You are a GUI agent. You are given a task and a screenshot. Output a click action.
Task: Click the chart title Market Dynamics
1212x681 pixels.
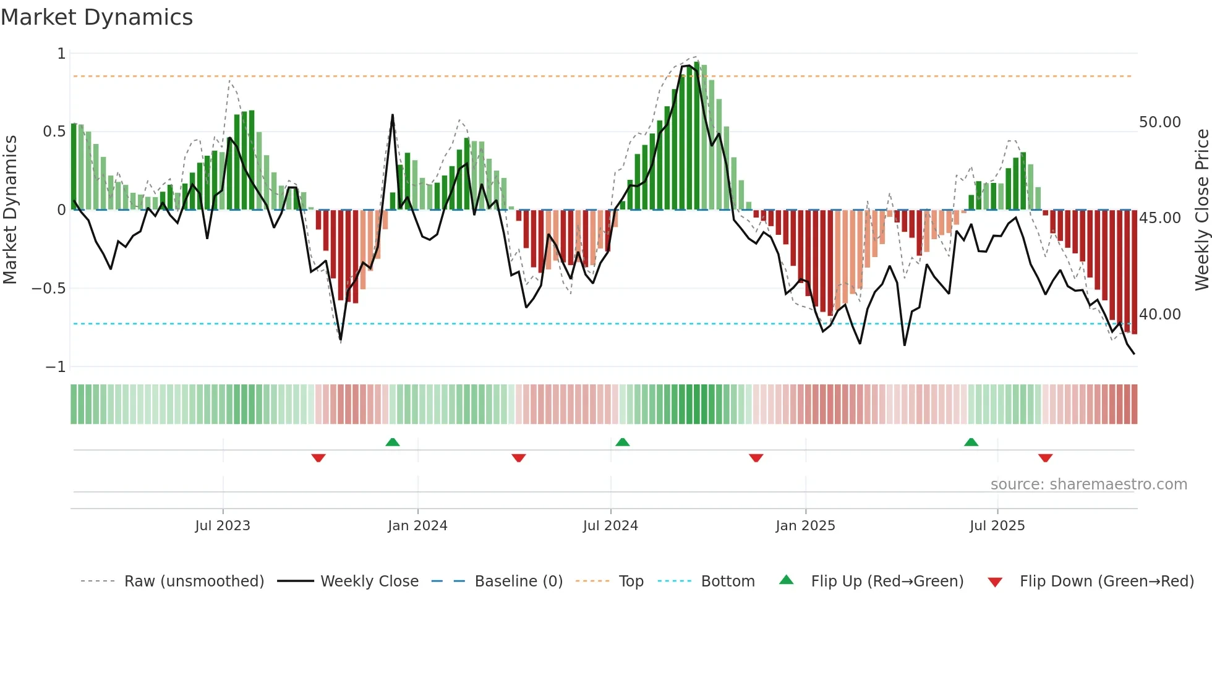(x=96, y=17)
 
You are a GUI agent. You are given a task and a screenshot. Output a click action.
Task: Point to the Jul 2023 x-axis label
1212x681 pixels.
(x=223, y=526)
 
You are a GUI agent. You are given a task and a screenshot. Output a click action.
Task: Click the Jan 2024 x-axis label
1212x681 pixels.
(x=417, y=526)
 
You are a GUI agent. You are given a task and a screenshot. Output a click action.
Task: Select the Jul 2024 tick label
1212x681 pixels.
(x=610, y=526)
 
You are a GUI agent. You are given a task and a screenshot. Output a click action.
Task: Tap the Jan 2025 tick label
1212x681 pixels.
(x=805, y=526)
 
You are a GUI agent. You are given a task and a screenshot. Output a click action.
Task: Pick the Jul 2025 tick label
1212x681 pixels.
(x=997, y=526)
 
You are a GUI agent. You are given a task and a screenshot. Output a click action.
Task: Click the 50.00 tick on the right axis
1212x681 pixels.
(x=1159, y=122)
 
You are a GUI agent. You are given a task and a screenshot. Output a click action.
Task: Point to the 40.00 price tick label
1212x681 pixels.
(x=1159, y=315)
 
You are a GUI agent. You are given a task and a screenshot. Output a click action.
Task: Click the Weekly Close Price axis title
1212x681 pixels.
(x=1201, y=209)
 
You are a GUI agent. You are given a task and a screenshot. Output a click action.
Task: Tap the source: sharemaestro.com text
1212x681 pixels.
(x=1088, y=484)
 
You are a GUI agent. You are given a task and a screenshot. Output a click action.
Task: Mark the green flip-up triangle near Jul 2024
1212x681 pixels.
(x=623, y=442)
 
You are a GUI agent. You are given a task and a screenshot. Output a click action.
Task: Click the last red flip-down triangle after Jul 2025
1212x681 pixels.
(x=1045, y=458)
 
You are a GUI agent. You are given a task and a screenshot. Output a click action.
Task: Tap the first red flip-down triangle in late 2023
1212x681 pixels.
(x=318, y=458)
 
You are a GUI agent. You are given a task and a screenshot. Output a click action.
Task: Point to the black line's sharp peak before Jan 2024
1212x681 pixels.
(x=392, y=116)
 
